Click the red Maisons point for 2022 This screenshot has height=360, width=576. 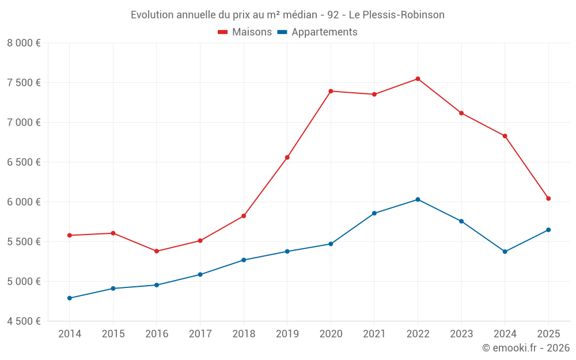tap(418, 79)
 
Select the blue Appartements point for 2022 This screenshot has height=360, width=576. tap(418, 199)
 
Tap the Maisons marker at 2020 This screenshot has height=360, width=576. tap(331, 91)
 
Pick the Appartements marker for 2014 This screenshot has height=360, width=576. tap(70, 298)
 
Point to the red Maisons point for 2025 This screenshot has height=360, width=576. tap(548, 199)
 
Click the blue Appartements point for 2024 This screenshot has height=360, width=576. tap(505, 252)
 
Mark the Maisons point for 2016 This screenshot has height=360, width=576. tap(157, 251)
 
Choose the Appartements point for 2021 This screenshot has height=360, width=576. tap(374, 213)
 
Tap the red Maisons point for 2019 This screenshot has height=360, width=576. tap(287, 157)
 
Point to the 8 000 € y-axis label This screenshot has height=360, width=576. tap(24, 43)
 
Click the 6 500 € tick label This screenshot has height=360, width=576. tap(24, 162)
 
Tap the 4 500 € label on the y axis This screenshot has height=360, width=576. tap(24, 321)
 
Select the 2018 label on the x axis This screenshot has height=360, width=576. tap(244, 334)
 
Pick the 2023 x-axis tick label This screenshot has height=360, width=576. tap(461, 334)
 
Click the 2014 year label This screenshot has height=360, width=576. tap(70, 334)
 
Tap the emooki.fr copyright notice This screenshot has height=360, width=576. tap(525, 348)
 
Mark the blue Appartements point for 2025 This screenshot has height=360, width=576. tap(548, 230)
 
